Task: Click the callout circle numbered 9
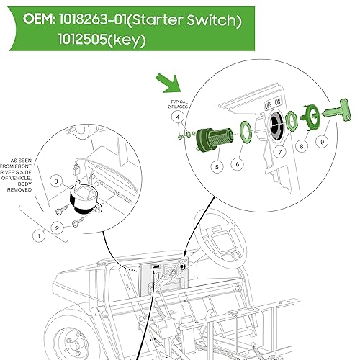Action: (323, 143)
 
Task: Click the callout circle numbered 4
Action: (176, 117)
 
